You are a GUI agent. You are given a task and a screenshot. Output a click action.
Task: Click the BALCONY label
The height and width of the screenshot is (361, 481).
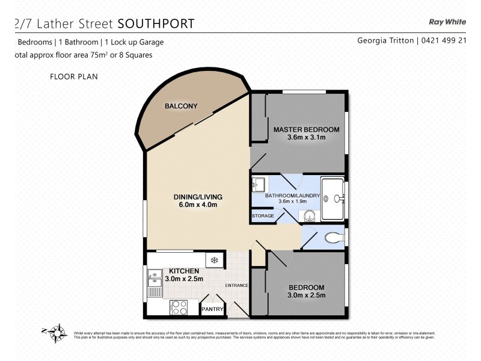(x=181, y=106)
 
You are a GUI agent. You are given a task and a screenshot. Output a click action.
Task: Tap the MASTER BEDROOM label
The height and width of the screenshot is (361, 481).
(x=306, y=129)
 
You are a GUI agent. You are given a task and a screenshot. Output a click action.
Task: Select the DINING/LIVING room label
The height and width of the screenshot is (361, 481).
(x=198, y=197)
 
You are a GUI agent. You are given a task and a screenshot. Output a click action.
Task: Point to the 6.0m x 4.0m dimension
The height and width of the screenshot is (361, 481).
(x=198, y=205)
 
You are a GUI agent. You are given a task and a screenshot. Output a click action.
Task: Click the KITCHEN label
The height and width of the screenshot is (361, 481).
(x=184, y=271)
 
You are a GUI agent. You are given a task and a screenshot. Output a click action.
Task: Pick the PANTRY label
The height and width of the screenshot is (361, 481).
(x=213, y=309)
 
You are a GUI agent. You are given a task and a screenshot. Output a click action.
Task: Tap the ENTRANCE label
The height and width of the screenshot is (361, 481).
(x=237, y=285)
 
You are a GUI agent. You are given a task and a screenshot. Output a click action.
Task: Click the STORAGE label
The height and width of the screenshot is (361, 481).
(x=263, y=215)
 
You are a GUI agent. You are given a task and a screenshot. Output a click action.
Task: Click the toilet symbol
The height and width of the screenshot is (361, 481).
(x=332, y=238)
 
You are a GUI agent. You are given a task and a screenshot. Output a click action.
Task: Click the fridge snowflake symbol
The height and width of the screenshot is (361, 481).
(x=213, y=261)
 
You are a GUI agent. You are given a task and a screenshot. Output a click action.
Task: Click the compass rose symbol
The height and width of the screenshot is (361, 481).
(x=57, y=332)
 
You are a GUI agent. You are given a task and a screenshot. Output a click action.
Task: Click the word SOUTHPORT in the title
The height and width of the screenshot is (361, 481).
(x=156, y=23)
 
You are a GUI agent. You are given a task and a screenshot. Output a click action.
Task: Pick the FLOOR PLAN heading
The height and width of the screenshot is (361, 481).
(x=74, y=76)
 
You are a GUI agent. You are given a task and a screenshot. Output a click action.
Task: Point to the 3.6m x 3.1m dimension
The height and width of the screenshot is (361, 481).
(x=306, y=138)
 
